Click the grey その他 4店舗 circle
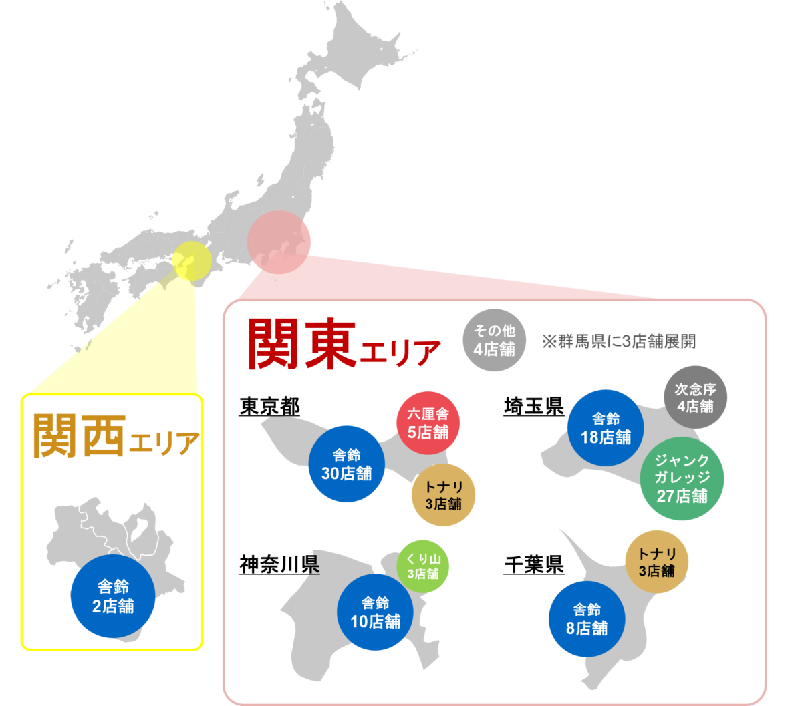494,340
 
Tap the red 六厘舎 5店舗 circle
428,423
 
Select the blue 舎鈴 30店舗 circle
347,464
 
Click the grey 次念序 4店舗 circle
695,397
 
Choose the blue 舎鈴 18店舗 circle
606,428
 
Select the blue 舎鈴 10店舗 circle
375,612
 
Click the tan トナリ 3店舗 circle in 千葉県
657,562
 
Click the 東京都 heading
269,407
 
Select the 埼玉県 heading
533,407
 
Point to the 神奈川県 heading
279,565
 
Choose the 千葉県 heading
533,565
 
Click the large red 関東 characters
301,343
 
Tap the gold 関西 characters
79,434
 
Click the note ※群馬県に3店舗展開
619,341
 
